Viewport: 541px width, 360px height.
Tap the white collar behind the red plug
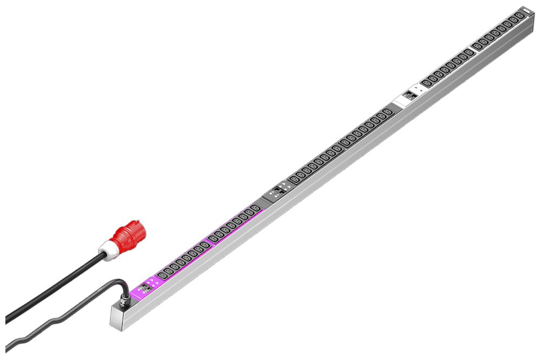pos(109,251)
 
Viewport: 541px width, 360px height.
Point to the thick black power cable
pos(54,290)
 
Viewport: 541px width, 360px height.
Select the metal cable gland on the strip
pos(124,296)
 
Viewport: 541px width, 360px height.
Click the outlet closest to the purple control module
pos(162,276)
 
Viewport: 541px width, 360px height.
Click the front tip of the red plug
pos(142,227)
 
